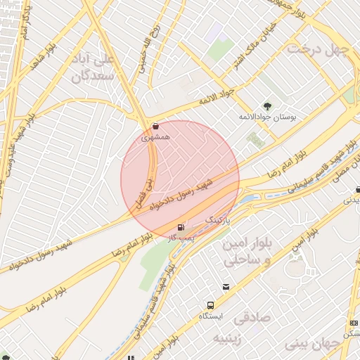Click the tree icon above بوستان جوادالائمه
click(x=266, y=105)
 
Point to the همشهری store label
click(x=155, y=136)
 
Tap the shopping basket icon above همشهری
click(x=155, y=126)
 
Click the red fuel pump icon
click(x=181, y=226)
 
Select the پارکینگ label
click(x=217, y=220)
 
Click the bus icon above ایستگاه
click(x=210, y=305)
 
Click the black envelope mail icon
click(x=226, y=286)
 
